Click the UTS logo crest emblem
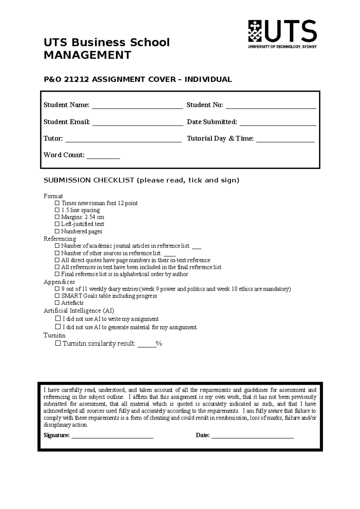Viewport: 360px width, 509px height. (255, 31)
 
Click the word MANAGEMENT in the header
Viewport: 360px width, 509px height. (87, 55)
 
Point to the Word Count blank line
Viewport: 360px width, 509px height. (103, 156)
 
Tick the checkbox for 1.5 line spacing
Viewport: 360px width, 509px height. (57, 210)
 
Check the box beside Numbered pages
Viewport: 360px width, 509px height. (57, 231)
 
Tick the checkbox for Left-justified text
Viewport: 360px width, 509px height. (57, 224)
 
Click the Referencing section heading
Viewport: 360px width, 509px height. (60, 239)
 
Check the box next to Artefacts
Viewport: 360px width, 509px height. (57, 303)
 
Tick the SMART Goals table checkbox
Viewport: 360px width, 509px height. (57, 296)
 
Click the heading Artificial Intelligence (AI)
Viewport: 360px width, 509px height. (79, 311)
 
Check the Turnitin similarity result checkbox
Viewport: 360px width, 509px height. (58, 344)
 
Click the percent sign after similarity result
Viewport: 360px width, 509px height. (159, 344)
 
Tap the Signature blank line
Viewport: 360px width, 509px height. (112, 436)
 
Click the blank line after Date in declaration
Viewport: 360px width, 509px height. (252, 436)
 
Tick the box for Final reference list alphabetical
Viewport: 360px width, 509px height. (57, 274)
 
